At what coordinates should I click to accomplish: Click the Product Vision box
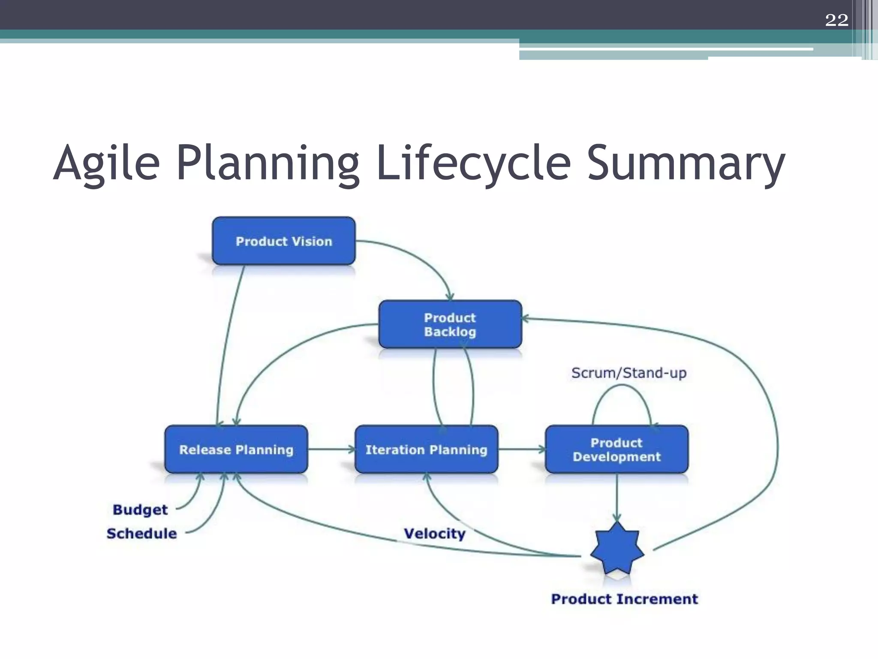283,241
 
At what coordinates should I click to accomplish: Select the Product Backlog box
450,324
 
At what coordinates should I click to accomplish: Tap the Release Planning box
236,449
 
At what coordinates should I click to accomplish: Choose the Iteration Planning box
426,449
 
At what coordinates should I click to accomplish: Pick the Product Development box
616,449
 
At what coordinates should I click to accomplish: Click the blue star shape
617,549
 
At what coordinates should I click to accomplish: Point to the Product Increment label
624,599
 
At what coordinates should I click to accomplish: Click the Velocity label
434,533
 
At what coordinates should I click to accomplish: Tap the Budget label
140,510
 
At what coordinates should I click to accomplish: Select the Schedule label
141,533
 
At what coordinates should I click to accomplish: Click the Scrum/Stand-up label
628,373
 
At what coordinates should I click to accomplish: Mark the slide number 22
836,20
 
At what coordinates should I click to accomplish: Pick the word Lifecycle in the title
473,163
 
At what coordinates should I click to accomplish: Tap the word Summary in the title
686,163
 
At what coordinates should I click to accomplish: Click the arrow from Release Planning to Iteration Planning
331,449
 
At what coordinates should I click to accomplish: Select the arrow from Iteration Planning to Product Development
521,449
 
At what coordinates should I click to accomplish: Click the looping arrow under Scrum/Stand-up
622,386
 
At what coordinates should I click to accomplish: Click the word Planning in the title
268,163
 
